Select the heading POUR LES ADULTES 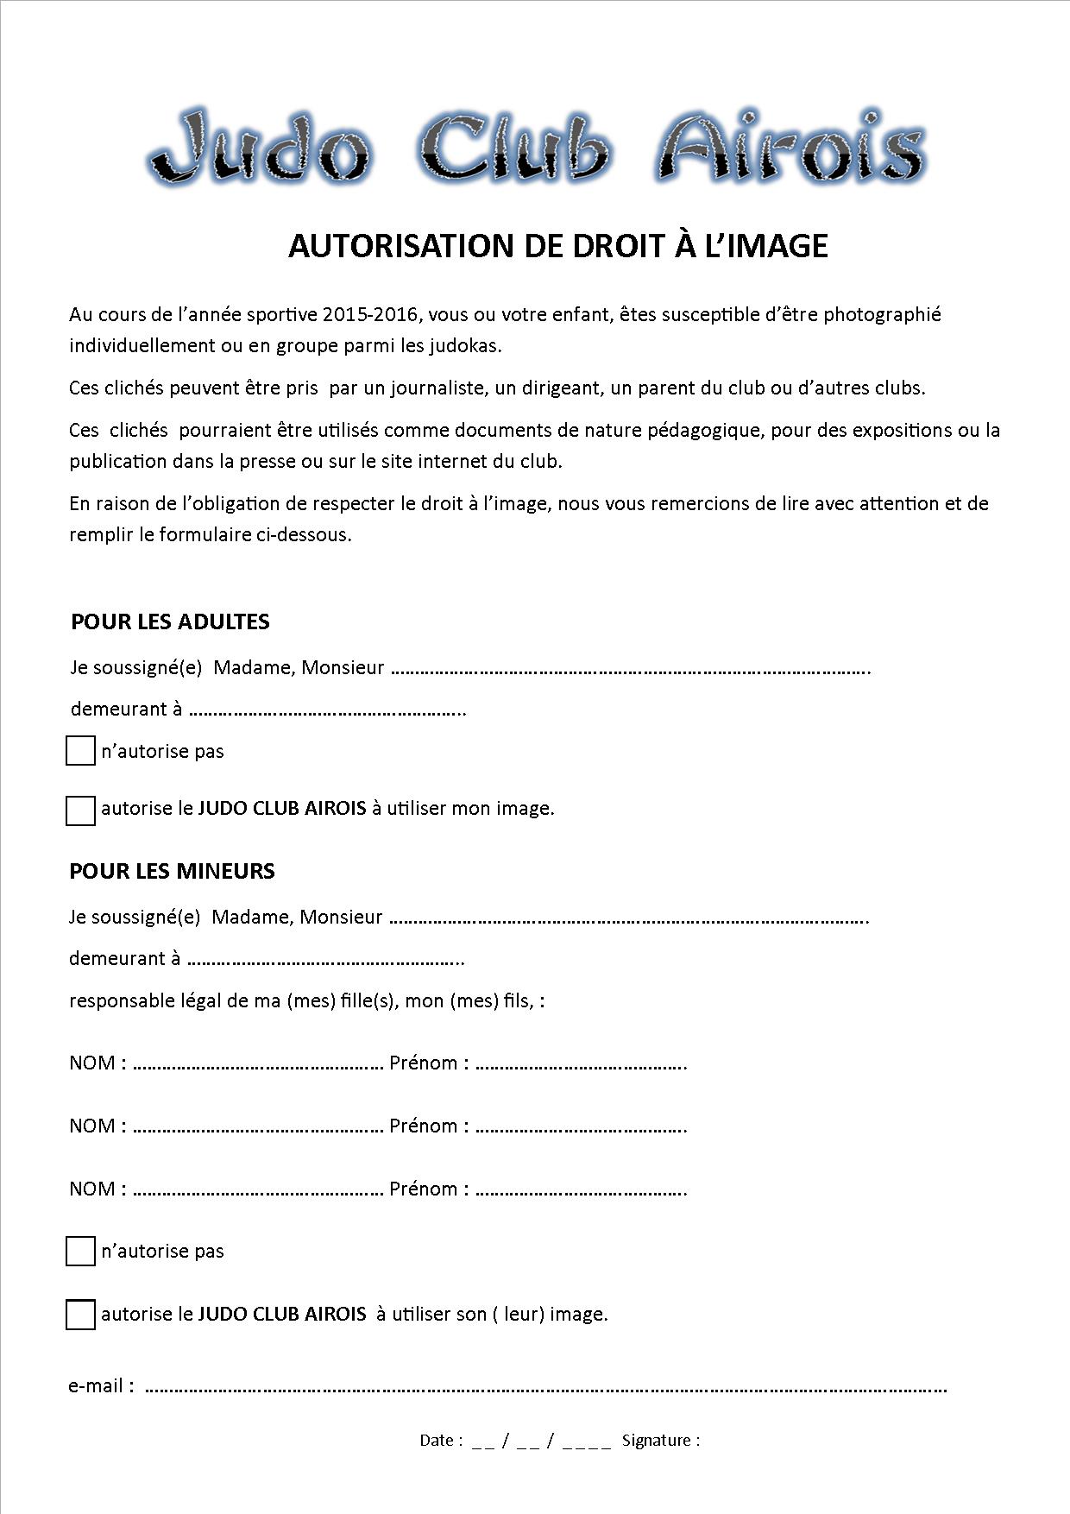(170, 621)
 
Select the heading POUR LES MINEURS (172, 871)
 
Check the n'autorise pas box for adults (80, 751)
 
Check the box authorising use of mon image (80, 811)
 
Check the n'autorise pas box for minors (80, 1251)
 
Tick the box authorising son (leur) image (80, 1315)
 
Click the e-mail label (101, 1386)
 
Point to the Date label (440, 1440)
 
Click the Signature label (660, 1440)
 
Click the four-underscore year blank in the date (587, 1441)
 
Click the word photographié (881, 314)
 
